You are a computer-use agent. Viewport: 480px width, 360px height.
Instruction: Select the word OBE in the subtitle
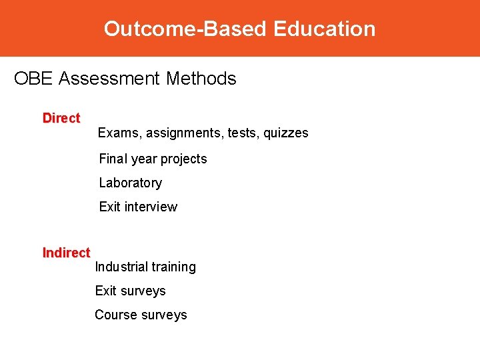tap(33, 79)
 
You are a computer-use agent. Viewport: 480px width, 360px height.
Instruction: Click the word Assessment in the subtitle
tap(109, 79)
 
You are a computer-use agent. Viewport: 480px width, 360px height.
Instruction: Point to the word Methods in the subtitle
tap(201, 79)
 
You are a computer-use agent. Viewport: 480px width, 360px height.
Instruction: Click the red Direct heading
tap(61, 118)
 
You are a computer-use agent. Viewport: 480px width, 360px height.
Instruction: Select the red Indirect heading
tap(66, 253)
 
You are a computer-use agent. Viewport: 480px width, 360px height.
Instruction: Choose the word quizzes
tap(286, 133)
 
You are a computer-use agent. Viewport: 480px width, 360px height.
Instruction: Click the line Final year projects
tap(153, 159)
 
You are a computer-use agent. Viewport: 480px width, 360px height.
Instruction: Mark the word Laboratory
tap(130, 183)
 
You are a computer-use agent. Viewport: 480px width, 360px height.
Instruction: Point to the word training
tap(174, 267)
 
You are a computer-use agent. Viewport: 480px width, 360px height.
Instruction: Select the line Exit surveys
tap(130, 291)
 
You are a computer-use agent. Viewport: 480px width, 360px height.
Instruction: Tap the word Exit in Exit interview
tap(109, 207)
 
